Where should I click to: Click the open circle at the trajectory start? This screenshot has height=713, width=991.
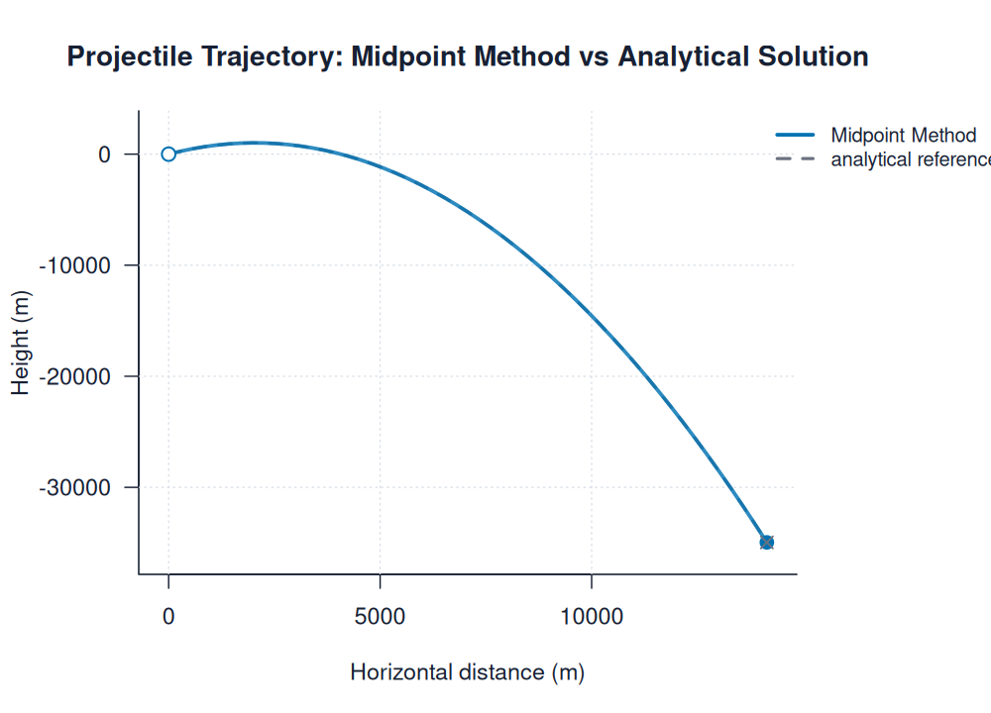tap(168, 153)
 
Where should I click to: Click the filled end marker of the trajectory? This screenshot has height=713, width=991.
tap(766, 542)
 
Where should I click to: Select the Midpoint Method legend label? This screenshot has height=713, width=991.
tap(903, 136)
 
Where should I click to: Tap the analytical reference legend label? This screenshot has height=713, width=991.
tap(911, 159)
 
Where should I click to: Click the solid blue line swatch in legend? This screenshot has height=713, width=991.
tap(795, 136)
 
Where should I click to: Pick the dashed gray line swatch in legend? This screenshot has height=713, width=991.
tap(795, 159)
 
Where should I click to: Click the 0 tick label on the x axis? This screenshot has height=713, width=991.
tap(168, 617)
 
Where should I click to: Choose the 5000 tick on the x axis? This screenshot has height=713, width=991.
tap(380, 617)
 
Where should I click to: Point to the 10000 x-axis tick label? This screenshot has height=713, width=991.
tap(591, 617)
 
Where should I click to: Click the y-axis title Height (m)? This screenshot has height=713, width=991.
tap(21, 342)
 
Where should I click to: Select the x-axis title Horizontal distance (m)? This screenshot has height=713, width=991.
tap(467, 672)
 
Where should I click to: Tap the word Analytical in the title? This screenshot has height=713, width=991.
tap(678, 57)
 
